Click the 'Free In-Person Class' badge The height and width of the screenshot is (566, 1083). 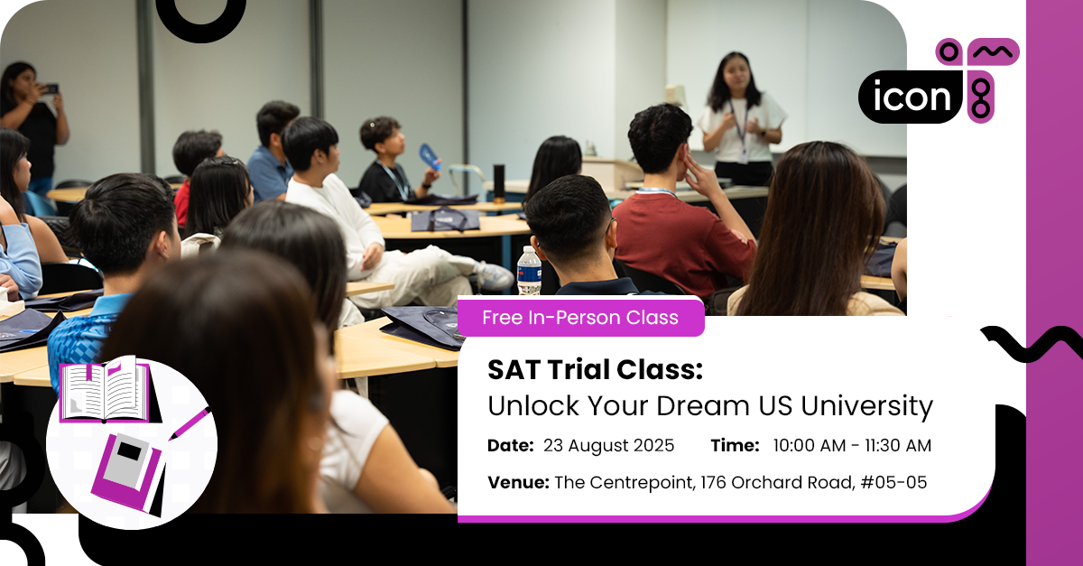tap(579, 318)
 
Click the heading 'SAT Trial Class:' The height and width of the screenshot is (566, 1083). tap(594, 370)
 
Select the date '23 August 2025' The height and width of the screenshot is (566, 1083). tap(609, 446)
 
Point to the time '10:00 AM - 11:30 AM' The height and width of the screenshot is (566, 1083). tap(852, 446)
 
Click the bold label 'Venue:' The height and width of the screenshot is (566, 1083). tap(518, 482)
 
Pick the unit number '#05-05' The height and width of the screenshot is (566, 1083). tap(893, 482)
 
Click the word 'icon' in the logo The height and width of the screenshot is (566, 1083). tap(910, 96)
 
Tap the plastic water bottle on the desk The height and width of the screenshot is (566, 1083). tap(529, 271)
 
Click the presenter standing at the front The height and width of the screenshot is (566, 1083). tap(741, 117)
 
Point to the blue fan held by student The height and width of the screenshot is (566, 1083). tap(430, 156)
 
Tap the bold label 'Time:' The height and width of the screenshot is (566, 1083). tap(734, 446)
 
